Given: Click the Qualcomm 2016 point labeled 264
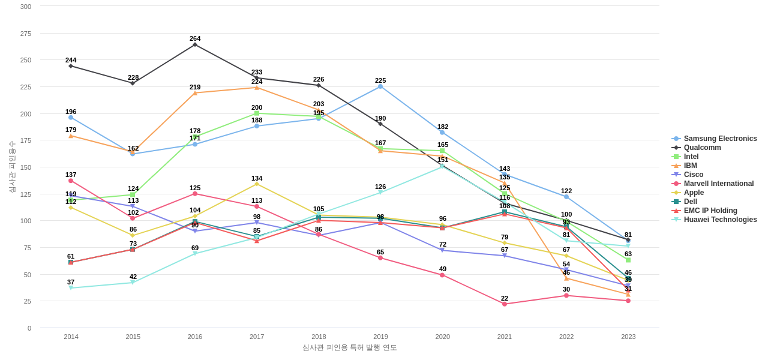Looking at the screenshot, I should (x=195, y=44).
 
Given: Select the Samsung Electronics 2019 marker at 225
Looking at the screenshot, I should (x=380, y=86).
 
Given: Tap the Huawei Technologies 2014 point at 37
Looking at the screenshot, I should (x=71, y=288).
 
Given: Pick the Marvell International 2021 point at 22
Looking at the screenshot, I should (x=505, y=304).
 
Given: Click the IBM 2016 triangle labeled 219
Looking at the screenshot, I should (x=195, y=93).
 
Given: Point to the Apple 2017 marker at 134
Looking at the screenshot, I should (x=257, y=184).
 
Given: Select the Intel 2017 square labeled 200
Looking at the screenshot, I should (x=257, y=113).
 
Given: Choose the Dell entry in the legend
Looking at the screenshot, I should (x=690, y=202).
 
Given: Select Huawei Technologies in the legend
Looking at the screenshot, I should (x=720, y=220).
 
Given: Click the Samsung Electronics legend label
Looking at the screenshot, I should (x=720, y=139).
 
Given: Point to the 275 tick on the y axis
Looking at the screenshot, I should (x=25, y=34).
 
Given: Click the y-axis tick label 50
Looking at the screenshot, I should (x=27, y=275).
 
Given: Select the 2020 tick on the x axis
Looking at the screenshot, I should (x=443, y=337).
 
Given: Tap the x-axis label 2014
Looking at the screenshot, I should (x=71, y=337).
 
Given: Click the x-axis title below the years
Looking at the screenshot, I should (x=349, y=347).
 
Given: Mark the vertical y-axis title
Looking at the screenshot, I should (x=12, y=167).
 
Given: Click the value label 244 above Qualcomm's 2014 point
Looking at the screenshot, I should (x=71, y=60).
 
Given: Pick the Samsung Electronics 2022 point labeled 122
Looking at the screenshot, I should (x=566, y=197).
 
